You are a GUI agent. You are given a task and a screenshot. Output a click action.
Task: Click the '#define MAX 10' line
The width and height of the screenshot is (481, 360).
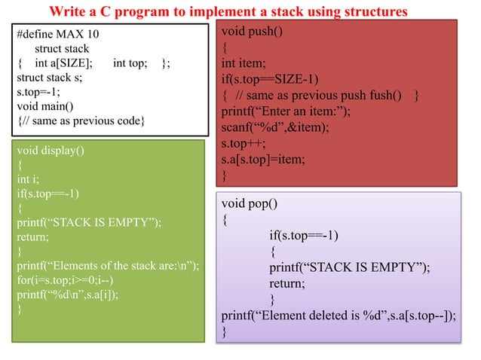click(x=58, y=35)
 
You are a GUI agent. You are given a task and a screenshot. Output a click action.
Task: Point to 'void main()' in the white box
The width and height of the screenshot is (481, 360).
click(x=45, y=106)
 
